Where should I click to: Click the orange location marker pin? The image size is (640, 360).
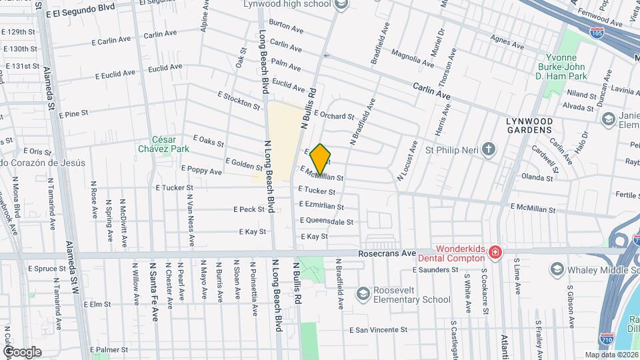[x=321, y=159]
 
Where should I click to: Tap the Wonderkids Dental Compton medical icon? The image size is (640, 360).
[x=495, y=252]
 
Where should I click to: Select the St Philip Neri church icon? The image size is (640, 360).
[x=489, y=149]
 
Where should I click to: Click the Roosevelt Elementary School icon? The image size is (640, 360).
[x=363, y=293]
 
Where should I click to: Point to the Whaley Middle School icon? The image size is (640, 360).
[x=557, y=269]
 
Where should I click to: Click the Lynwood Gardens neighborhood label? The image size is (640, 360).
[x=529, y=125]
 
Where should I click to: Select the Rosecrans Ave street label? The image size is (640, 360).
[x=387, y=254]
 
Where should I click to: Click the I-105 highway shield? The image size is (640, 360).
[x=596, y=31]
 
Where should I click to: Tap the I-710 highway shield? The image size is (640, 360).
[x=606, y=339]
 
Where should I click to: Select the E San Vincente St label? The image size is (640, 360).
[x=387, y=330]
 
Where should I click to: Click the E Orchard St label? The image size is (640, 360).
[x=334, y=115]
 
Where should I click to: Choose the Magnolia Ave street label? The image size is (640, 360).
[x=409, y=53]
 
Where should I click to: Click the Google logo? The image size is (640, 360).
[x=22, y=351]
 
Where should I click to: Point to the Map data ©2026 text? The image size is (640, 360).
[x=611, y=355]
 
